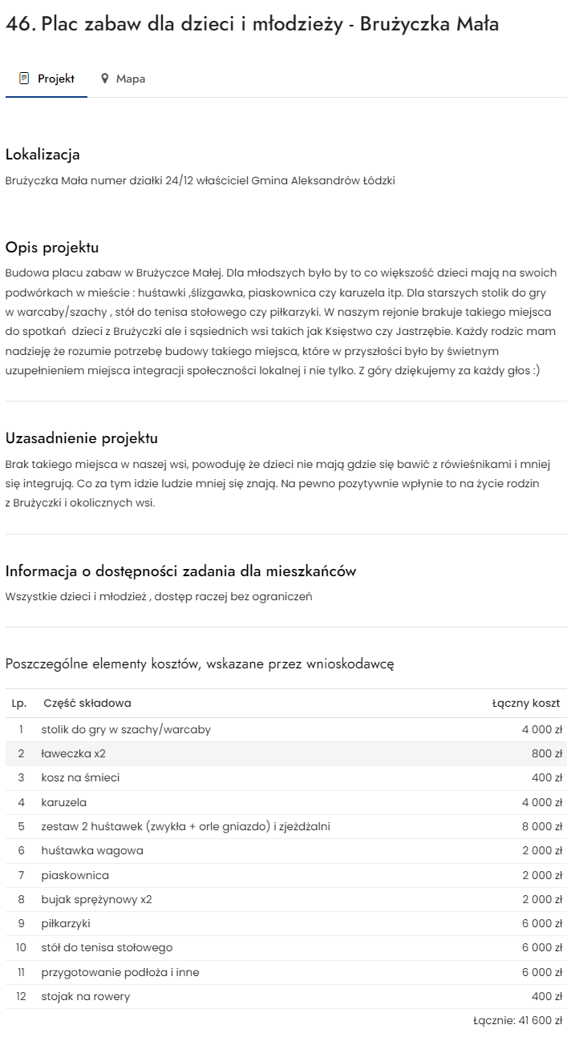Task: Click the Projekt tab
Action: tap(47, 79)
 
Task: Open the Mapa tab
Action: tap(130, 79)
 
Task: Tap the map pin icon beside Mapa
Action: tap(104, 79)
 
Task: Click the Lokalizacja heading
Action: tap(43, 154)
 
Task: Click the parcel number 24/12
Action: tap(178, 180)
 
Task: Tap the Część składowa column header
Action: tap(87, 703)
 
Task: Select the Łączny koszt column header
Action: tap(526, 703)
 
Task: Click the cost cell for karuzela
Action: tap(542, 802)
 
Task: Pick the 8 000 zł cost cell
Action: tap(542, 826)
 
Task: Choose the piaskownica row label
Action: tap(75, 875)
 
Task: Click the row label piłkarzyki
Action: tap(66, 923)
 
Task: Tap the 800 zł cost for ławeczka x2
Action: tap(547, 753)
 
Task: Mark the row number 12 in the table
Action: tap(21, 996)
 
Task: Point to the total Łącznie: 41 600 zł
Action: tap(518, 1021)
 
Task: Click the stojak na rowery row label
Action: tap(85, 996)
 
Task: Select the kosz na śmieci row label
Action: tap(80, 777)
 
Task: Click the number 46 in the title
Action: tap(18, 24)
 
